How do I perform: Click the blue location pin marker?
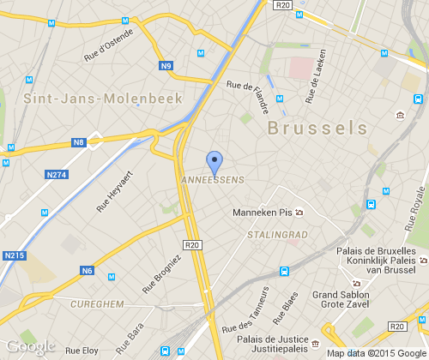(214, 160)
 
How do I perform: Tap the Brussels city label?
(317, 128)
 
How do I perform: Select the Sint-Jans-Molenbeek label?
(102, 99)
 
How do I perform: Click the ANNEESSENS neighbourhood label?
(214, 179)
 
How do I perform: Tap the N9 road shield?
(166, 65)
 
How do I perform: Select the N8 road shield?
(79, 141)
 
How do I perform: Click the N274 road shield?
(56, 175)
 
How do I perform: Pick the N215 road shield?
(14, 255)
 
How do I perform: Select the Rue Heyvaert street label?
(115, 191)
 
